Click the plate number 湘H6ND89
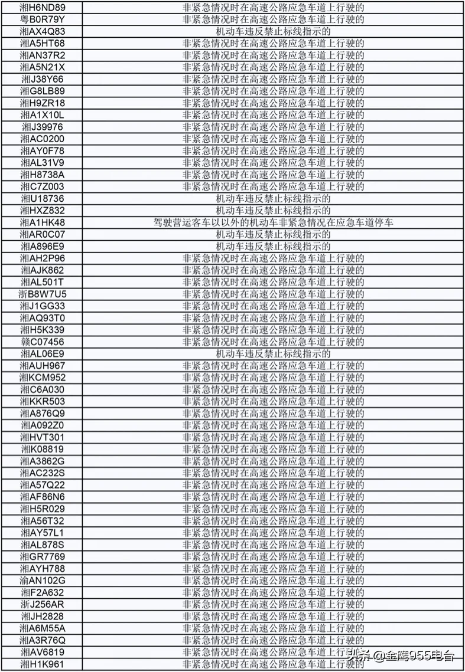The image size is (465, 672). [43, 8]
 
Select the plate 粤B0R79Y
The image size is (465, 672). [43, 19]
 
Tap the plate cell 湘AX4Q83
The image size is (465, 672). [43, 31]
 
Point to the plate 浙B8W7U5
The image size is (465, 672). [43, 294]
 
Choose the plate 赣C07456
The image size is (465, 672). [43, 342]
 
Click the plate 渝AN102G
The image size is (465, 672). [43, 581]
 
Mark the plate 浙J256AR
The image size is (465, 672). [43, 604]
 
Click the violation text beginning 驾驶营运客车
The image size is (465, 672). [273, 222]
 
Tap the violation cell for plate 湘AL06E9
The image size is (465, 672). [273, 353]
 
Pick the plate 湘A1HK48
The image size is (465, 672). [43, 222]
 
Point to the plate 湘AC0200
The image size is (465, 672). [43, 139]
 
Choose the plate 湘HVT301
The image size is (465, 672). [43, 437]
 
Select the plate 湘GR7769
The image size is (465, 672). [43, 556]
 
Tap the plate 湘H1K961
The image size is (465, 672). [43, 664]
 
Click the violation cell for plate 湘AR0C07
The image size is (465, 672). [273, 234]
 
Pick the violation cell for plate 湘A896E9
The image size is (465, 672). [273, 246]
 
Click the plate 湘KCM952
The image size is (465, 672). [43, 378]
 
